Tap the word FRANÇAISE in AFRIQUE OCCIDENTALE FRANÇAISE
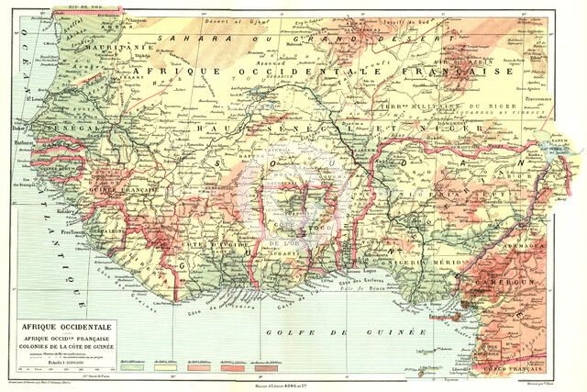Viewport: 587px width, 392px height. [x=468, y=71]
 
